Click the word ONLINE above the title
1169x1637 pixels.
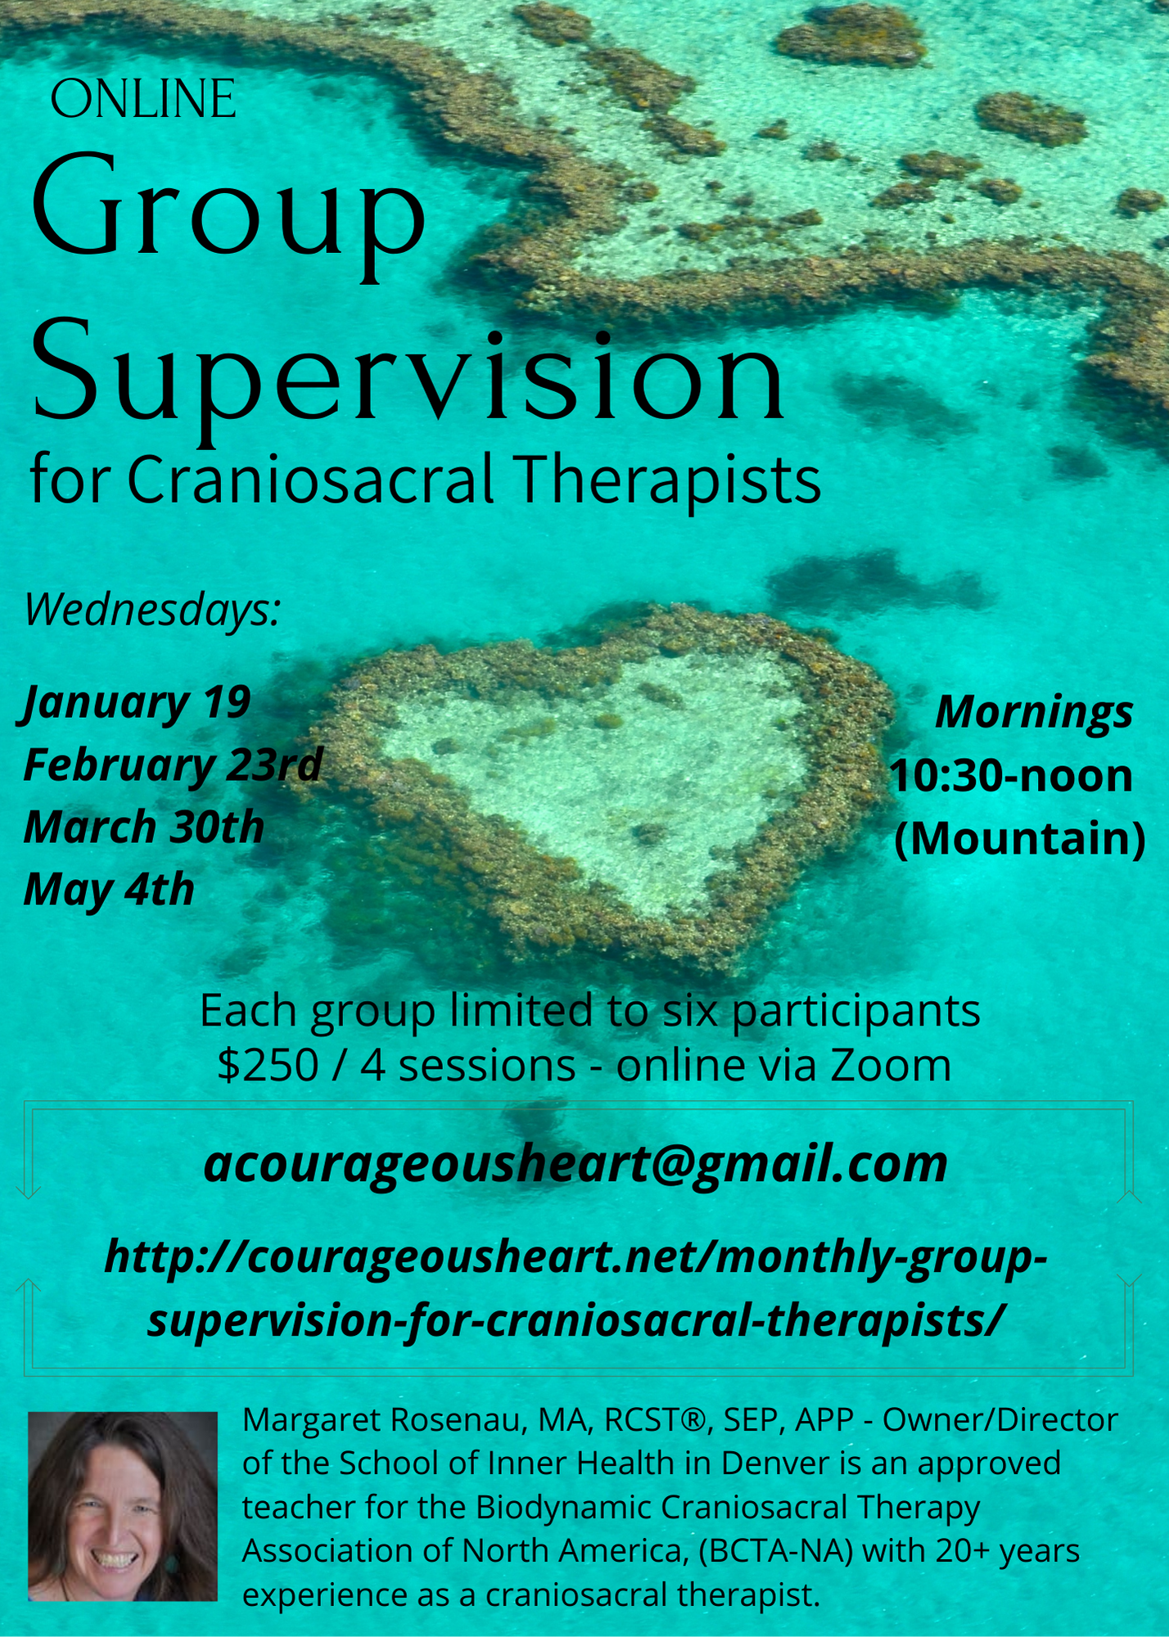pyautogui.click(x=143, y=99)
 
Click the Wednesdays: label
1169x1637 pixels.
pyautogui.click(x=153, y=610)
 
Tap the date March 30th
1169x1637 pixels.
pyautogui.click(x=144, y=828)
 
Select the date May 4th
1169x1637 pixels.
pyautogui.click(x=109, y=891)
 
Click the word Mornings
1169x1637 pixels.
pyautogui.click(x=1034, y=712)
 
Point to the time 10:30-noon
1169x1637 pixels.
pyautogui.click(x=1011, y=775)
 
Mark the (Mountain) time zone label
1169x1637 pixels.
pyautogui.click(x=1019, y=839)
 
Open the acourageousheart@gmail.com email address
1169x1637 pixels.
pyautogui.click(x=575, y=1163)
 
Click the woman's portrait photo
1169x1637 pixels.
pyautogui.click(x=123, y=1507)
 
